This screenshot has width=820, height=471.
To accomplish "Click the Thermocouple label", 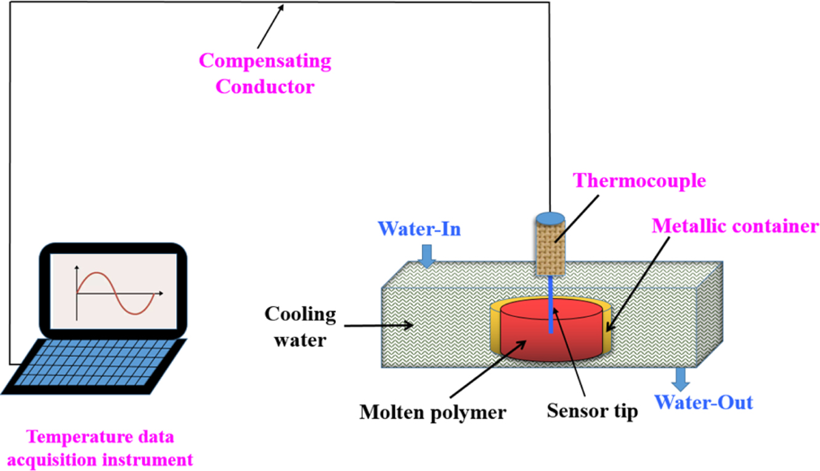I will (x=639, y=181).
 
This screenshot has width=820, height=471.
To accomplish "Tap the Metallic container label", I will (x=735, y=226).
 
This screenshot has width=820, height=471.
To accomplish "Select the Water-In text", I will (x=420, y=229).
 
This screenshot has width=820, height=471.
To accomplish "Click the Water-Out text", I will (x=703, y=403).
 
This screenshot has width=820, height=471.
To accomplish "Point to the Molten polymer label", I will (x=432, y=412).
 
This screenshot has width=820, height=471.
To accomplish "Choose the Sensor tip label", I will (x=592, y=411).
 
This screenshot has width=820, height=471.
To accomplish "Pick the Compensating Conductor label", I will (x=266, y=73).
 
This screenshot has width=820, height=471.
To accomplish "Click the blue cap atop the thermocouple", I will (x=550, y=218).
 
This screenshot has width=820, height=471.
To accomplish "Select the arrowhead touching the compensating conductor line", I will (x=282, y=7).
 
